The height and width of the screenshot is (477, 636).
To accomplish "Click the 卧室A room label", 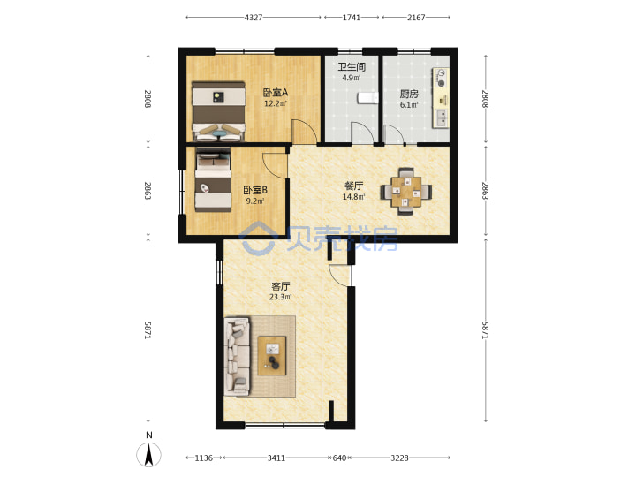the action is point(276,93).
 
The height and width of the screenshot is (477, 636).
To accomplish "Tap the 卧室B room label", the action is point(255,190).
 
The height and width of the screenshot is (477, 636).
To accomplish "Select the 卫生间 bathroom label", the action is point(352,66).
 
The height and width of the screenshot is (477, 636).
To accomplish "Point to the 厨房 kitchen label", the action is point(409,95).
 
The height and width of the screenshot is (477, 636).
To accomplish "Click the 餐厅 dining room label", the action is point(353,186).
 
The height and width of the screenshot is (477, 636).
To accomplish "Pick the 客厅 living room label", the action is point(280,286).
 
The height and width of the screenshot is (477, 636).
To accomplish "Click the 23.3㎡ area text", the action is point(280,297).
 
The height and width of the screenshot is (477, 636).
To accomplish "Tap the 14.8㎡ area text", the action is point(353,197).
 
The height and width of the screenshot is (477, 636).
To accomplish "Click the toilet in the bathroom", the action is point(367,98).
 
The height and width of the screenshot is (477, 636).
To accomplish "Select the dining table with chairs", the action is point(406,191).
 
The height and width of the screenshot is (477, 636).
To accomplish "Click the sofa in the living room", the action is point(238,357).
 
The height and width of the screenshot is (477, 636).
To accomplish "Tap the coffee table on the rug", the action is point(272,356).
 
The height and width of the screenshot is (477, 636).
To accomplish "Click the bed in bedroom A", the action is point(219,111).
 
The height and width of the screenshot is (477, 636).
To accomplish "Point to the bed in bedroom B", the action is point(214,178).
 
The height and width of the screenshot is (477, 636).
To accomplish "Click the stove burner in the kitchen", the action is point(441,79).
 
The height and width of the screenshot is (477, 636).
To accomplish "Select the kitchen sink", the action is point(441,117).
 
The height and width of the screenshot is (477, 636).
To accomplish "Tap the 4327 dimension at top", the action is point(254,18).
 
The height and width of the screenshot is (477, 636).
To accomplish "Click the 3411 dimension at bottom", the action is point(276,458).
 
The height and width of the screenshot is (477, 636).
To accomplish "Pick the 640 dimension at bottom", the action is point(339,458).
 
